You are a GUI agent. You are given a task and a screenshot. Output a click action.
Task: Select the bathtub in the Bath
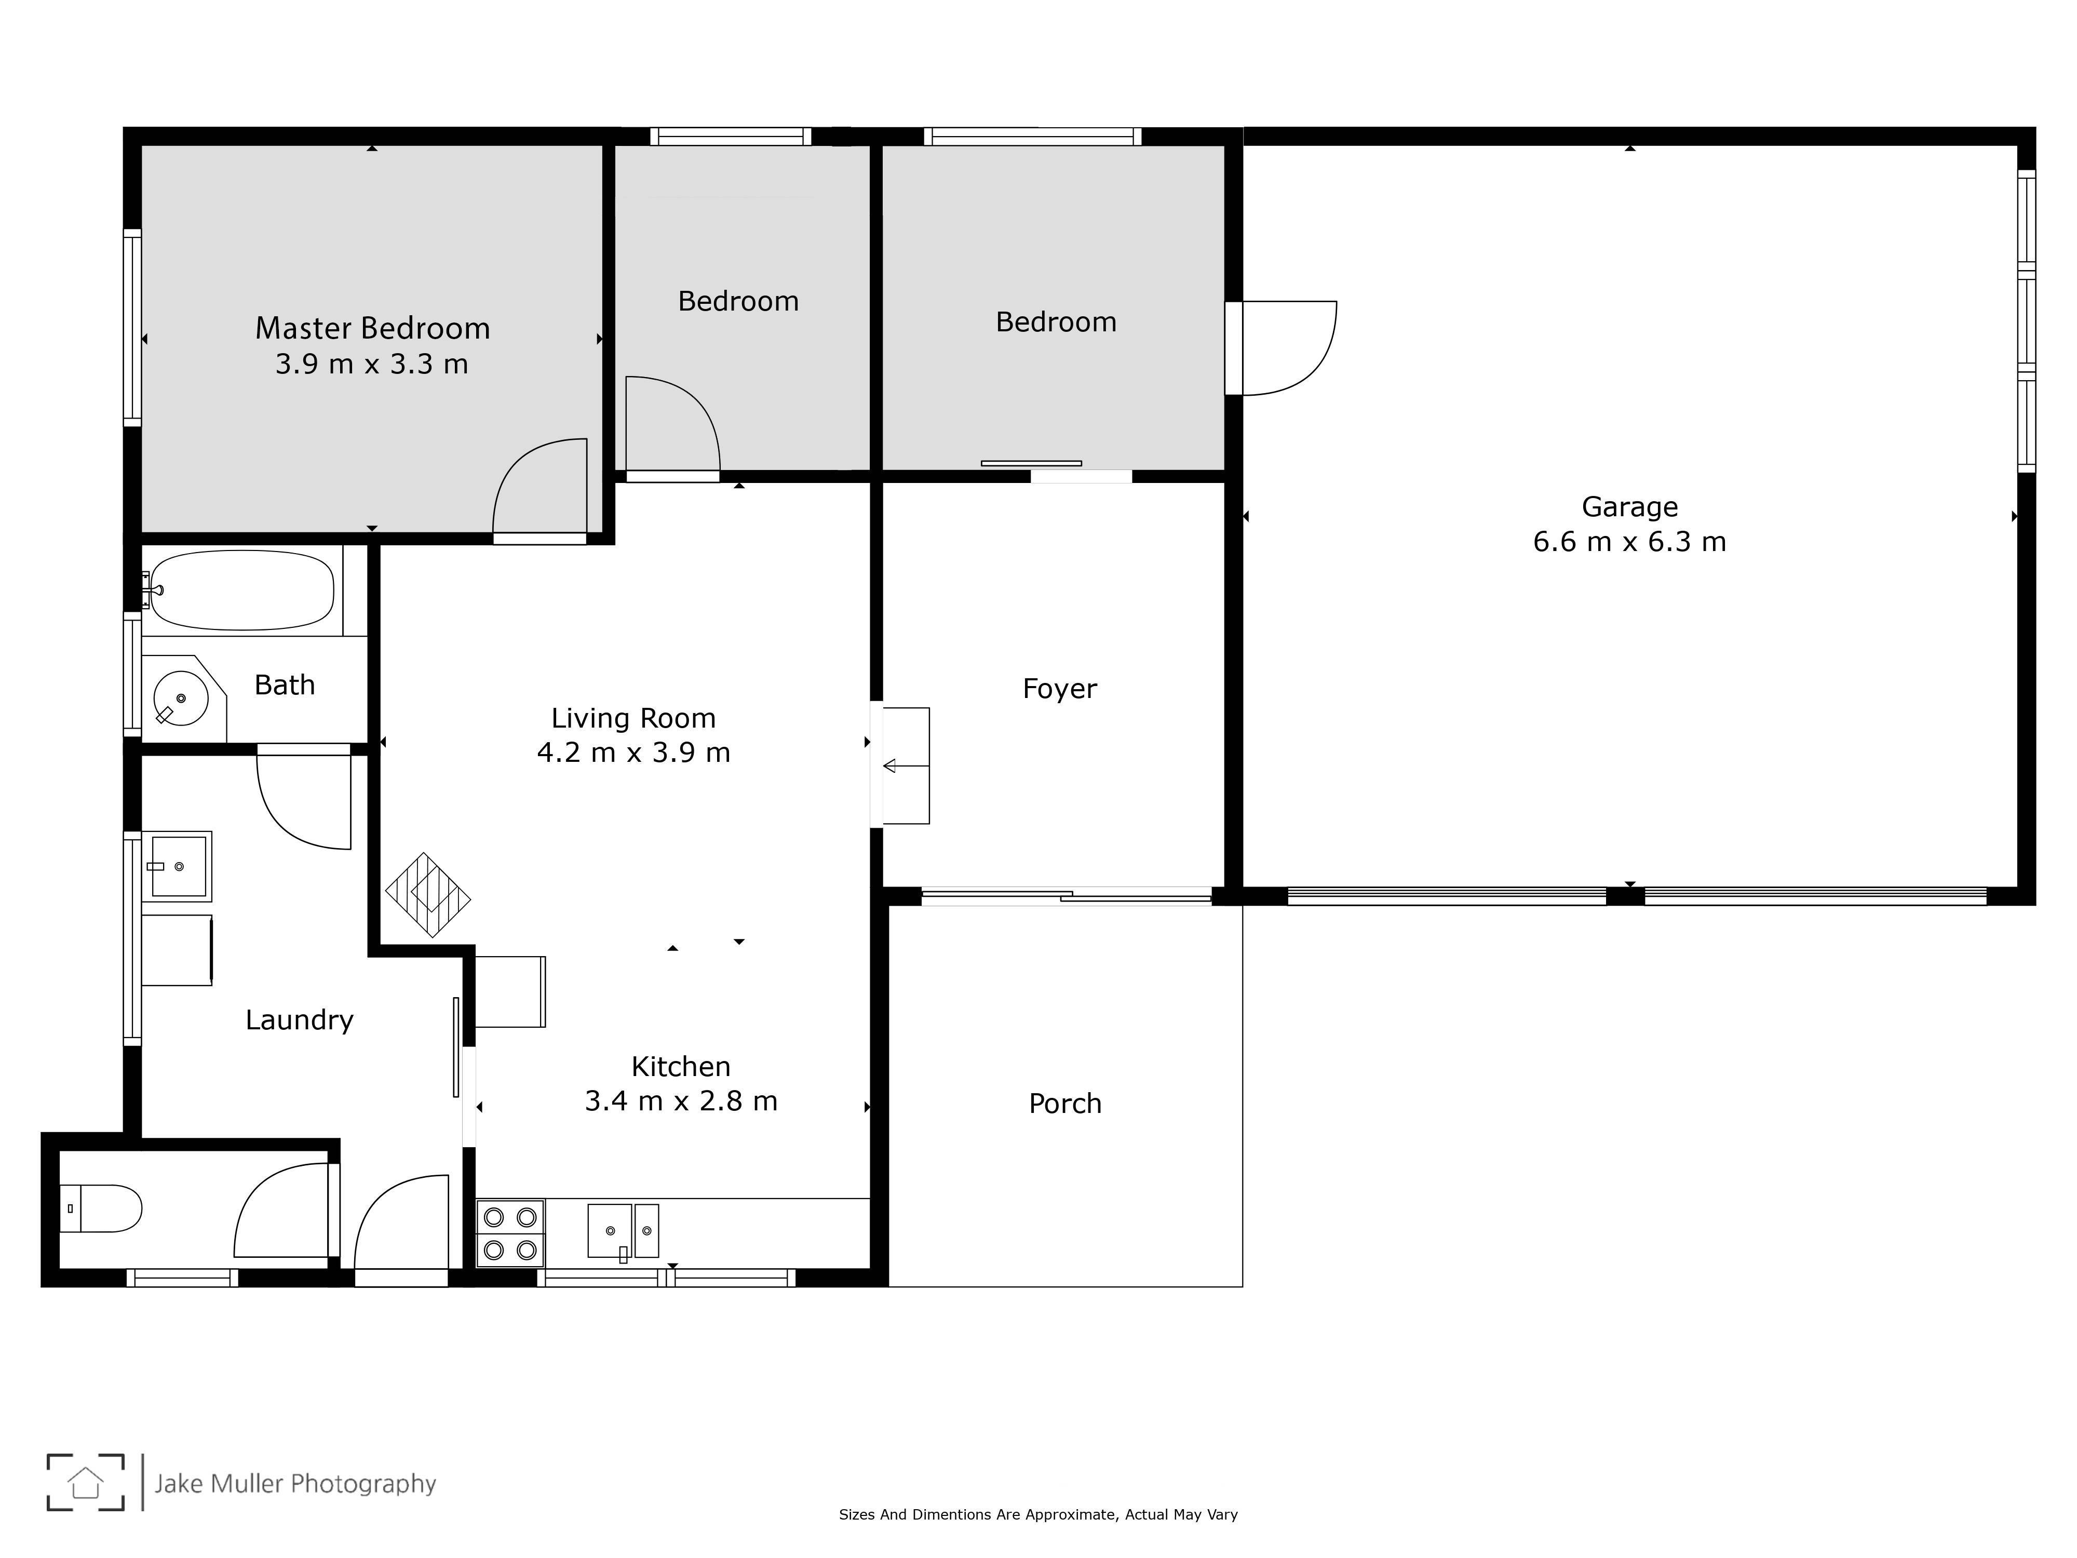pyautogui.click(x=242, y=590)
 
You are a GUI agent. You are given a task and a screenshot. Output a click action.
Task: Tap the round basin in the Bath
pyautogui.click(x=180, y=699)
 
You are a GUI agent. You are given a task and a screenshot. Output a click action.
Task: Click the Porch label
pyautogui.click(x=1065, y=1104)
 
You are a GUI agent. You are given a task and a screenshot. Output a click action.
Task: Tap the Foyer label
pyautogui.click(x=1059, y=688)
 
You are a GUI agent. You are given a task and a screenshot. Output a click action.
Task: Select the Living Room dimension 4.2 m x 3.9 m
pyautogui.click(x=634, y=752)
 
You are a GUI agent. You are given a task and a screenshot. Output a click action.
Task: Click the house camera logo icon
pyautogui.click(x=86, y=1482)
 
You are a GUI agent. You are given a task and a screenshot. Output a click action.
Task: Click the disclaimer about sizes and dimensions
pyautogui.click(x=1038, y=1514)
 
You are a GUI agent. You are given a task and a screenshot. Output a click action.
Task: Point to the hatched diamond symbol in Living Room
pyautogui.click(x=427, y=895)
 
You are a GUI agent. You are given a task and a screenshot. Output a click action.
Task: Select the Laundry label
pyautogui.click(x=300, y=1020)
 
